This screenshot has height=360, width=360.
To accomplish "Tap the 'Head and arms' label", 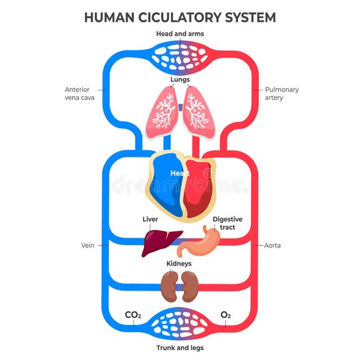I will pyautogui.click(x=179, y=33).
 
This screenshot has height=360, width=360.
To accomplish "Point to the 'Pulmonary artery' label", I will pyautogui.click(x=282, y=93).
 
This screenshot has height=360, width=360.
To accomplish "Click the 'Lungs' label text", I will pyautogui.click(x=180, y=79).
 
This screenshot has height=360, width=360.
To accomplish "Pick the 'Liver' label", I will pyautogui.click(x=150, y=219).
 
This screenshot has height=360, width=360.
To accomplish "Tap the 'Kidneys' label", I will pyautogui.click(x=179, y=264).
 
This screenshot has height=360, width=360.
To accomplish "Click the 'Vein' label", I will pyautogui.click(x=87, y=246).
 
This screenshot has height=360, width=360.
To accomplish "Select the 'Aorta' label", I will pyautogui.click(x=272, y=246).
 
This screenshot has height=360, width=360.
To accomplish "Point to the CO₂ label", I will pyautogui.click(x=133, y=315).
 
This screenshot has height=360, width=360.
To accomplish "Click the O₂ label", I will pyautogui.click(x=226, y=315).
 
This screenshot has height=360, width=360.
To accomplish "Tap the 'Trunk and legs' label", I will pyautogui.click(x=179, y=347).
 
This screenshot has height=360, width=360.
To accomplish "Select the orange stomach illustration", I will pyautogui.click(x=200, y=244).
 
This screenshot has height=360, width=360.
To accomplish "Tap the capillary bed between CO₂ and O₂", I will pyautogui.click(x=180, y=324).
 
